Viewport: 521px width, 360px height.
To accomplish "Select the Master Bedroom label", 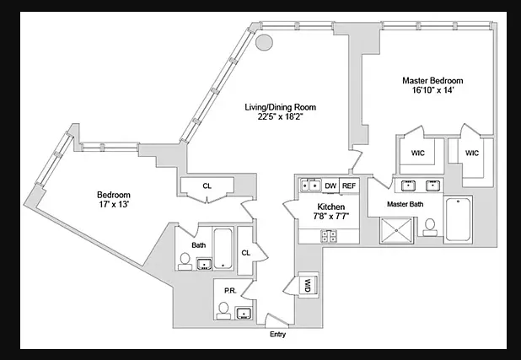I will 432,81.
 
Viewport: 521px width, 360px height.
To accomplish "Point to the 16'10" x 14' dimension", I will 432,91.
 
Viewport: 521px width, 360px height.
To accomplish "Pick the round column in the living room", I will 264,41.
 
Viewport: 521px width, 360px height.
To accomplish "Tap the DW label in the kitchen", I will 330,185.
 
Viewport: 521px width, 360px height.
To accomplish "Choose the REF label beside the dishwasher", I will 349,185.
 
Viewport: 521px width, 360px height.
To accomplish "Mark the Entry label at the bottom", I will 277,335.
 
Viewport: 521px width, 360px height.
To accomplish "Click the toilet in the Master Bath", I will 430,226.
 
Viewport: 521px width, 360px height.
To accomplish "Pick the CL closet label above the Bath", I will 207,186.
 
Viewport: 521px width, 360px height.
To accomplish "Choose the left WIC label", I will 417,153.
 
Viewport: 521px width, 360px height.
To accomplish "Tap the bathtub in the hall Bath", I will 223,251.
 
